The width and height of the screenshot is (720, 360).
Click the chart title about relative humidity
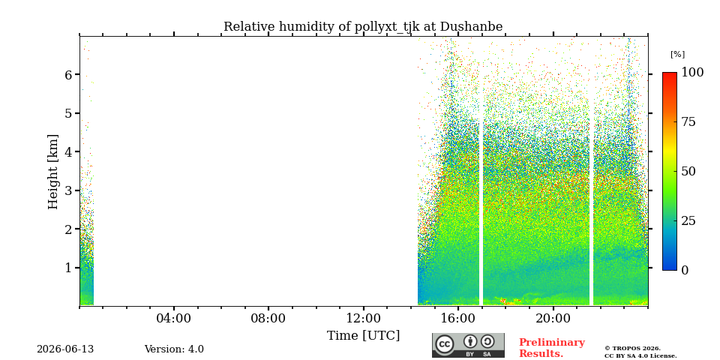tap(363, 27)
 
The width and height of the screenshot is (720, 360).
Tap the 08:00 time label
tap(268, 318)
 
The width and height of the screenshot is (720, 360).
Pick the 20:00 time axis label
tap(553, 318)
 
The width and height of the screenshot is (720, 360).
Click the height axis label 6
tap(70, 74)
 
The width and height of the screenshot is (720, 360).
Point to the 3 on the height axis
tap(70, 190)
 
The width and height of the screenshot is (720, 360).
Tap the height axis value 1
tap(70, 268)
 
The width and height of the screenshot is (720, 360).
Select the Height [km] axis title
tap(53, 172)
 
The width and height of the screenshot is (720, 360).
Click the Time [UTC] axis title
tap(363, 336)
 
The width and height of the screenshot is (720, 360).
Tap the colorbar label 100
tap(692, 72)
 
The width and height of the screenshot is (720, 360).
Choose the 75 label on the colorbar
tap(688, 121)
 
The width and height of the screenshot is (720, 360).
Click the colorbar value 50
tap(688, 171)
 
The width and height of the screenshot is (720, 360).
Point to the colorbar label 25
tap(688, 220)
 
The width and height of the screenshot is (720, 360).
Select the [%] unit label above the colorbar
tap(677, 55)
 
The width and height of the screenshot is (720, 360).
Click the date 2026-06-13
tap(65, 349)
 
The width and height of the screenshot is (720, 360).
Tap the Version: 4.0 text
tap(174, 349)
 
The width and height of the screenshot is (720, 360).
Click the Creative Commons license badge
tap(468, 345)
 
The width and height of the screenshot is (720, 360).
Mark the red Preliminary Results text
tap(552, 348)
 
